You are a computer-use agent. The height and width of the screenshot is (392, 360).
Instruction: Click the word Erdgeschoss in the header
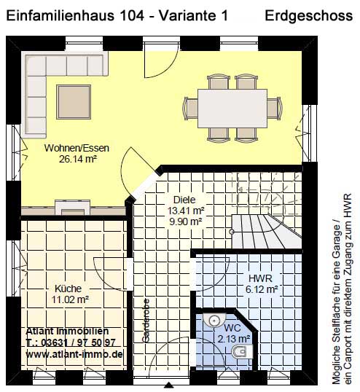pos(308,16)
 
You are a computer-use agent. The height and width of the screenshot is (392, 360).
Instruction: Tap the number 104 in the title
pos(133,16)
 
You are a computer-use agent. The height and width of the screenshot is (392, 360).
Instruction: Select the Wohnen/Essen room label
pos(77,148)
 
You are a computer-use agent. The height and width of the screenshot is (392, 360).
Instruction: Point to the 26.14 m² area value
pos(78,159)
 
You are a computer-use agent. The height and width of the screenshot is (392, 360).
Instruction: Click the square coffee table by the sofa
pos(74,102)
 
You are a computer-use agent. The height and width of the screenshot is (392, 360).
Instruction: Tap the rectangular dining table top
pos(232,109)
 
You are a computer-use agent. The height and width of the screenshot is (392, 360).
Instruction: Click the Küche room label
pos(68,289)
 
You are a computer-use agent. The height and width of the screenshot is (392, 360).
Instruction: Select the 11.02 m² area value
pos(70,299)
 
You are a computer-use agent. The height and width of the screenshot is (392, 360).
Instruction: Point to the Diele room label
pos(184,200)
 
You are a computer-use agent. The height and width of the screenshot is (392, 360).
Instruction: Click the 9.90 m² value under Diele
pos(186,222)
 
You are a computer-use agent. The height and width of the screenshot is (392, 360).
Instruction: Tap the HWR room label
pos(260,278)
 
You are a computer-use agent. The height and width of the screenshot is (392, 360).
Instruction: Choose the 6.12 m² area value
pos(262,289)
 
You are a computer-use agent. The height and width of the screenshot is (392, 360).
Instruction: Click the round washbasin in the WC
pos(214,320)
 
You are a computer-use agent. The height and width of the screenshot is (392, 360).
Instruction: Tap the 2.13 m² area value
pos(234,339)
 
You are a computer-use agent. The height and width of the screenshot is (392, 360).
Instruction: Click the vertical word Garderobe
pos(146,321)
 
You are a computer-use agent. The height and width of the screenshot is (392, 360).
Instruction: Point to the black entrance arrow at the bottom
pos(169,385)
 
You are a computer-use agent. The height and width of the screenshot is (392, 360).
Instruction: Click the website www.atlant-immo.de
pos(74,354)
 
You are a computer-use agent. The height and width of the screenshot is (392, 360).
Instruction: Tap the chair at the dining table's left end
pos(191,109)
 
